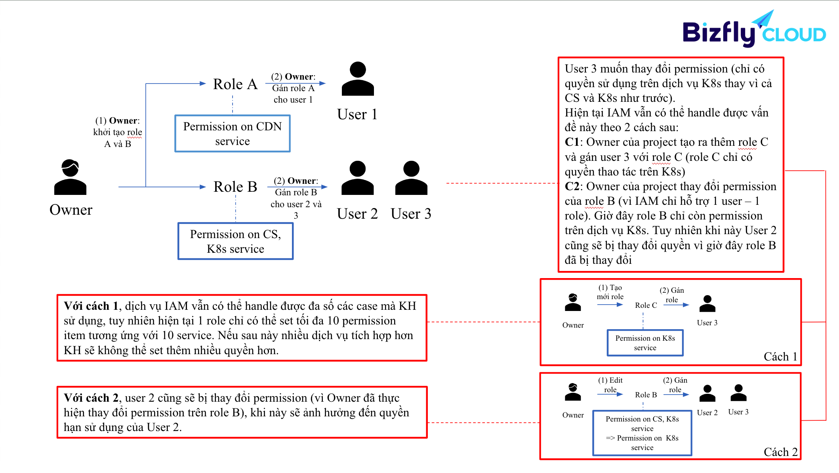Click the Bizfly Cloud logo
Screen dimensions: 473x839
pyautogui.click(x=754, y=29)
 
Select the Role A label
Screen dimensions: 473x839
pyautogui.click(x=235, y=84)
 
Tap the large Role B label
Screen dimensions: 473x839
pyautogui.click(x=235, y=187)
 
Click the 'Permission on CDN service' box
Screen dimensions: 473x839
pyautogui.click(x=233, y=134)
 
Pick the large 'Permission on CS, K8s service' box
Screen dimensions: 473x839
pyautogui.click(x=235, y=241)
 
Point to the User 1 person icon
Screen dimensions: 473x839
pyautogui.click(x=358, y=79)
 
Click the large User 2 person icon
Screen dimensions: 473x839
pyautogui.click(x=357, y=178)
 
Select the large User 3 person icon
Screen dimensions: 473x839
pyautogui.click(x=411, y=178)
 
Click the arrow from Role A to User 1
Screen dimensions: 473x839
pyautogui.click(x=295, y=83)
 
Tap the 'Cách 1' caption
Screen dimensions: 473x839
pyautogui.click(x=780, y=357)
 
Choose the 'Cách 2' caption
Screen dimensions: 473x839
pyautogui.click(x=780, y=452)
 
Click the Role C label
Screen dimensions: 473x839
pyautogui.click(x=646, y=305)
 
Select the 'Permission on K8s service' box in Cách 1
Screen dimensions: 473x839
pyautogui.click(x=645, y=343)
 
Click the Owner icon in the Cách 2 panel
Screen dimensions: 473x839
pyautogui.click(x=573, y=392)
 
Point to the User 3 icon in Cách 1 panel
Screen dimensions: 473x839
pyautogui.click(x=707, y=304)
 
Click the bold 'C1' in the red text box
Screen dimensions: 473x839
pyautogui.click(x=572, y=142)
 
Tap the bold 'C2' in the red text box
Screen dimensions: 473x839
pyautogui.click(x=572, y=186)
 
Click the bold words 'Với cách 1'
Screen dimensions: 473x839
pyautogui.click(x=91, y=306)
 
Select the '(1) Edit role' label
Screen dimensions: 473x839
pyautogui.click(x=610, y=385)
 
